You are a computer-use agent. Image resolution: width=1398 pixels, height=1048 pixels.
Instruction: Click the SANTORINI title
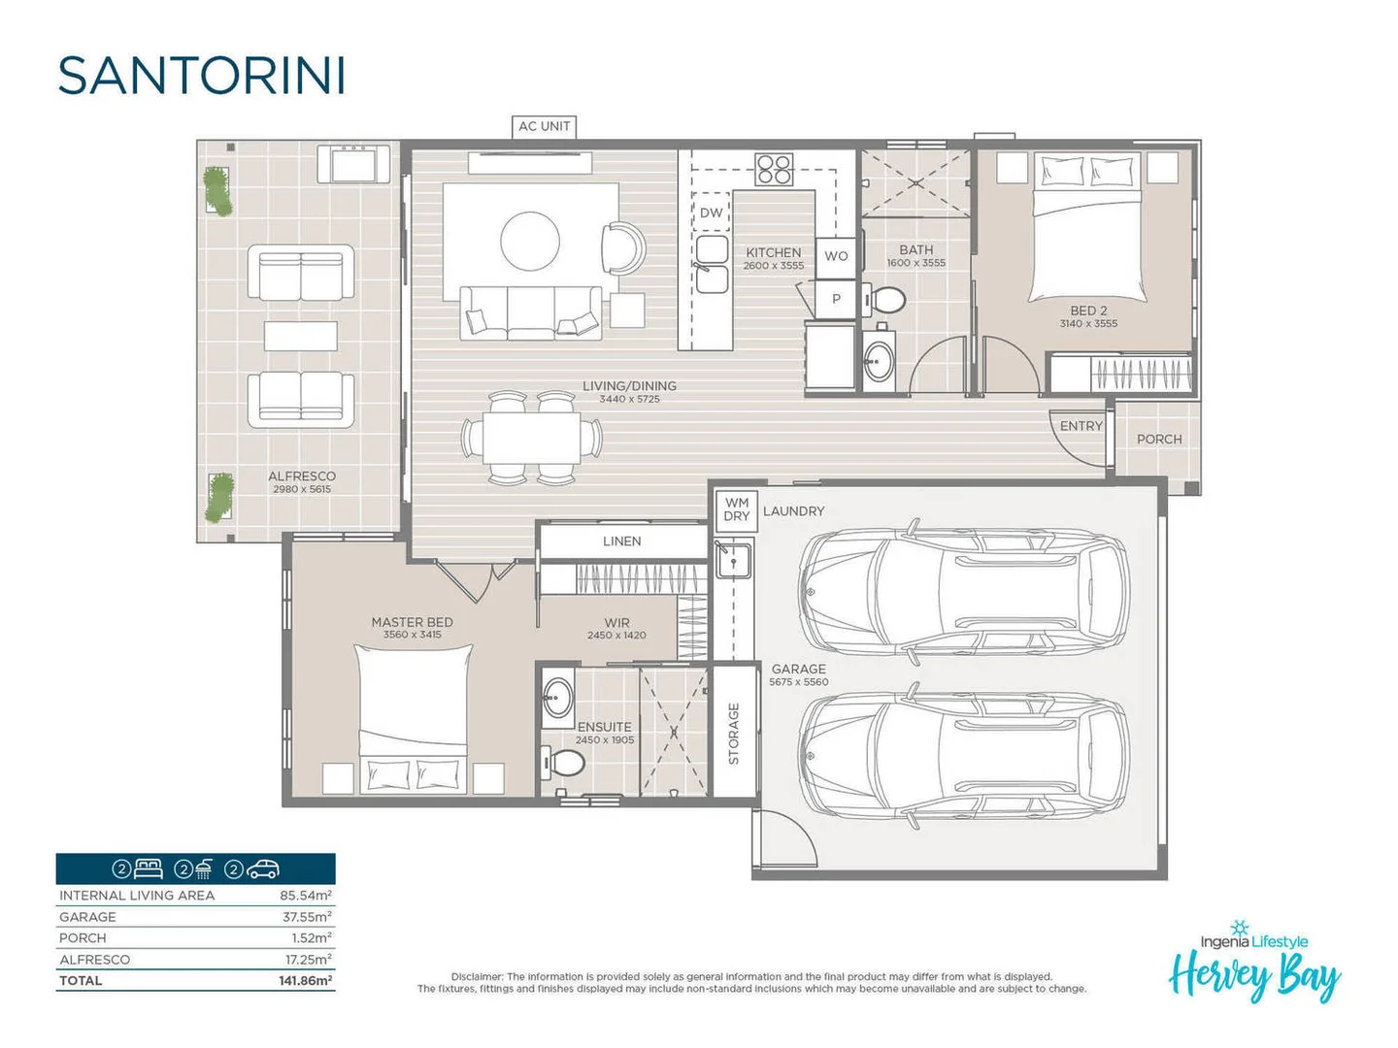pyautogui.click(x=201, y=76)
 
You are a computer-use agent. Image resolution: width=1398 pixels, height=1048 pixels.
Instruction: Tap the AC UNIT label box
pyautogui.click(x=544, y=126)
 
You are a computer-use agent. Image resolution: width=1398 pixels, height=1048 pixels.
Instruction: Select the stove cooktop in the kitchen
pyautogui.click(x=775, y=170)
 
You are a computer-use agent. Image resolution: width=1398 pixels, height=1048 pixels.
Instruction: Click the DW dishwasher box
pyautogui.click(x=711, y=213)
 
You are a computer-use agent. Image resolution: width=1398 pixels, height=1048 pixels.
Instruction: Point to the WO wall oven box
pyautogui.click(x=836, y=256)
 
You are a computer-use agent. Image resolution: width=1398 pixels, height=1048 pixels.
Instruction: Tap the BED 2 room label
pyautogui.click(x=1088, y=311)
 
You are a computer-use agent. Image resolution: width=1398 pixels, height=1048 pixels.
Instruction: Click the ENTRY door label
pyautogui.click(x=1081, y=426)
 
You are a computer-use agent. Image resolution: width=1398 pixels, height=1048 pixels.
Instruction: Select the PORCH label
pyautogui.click(x=1159, y=439)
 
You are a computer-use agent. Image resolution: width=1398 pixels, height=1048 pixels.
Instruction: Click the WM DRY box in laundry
pyautogui.click(x=737, y=509)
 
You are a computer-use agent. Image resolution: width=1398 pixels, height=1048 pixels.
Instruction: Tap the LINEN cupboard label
pyautogui.click(x=621, y=541)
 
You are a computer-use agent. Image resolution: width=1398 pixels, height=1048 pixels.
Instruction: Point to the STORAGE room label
pyautogui.click(x=734, y=733)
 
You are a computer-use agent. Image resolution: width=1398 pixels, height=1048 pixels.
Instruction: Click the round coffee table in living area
pyautogui.click(x=530, y=242)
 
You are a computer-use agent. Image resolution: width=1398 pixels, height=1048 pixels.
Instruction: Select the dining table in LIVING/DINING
pyautogui.click(x=531, y=438)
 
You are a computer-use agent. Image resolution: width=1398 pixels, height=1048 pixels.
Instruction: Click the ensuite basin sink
pyautogui.click(x=557, y=695)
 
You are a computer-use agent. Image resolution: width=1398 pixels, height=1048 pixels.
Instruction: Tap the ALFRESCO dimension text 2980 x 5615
pyautogui.click(x=302, y=489)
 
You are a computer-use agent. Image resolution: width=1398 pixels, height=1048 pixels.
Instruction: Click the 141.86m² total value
pyautogui.click(x=305, y=981)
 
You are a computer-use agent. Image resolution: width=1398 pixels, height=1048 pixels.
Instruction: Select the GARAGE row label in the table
pyautogui.click(x=87, y=917)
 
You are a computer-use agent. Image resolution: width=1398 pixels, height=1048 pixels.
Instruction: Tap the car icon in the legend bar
pyautogui.click(x=263, y=868)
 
